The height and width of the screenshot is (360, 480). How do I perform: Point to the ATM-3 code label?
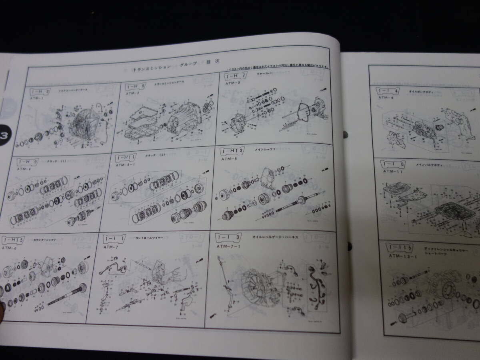[x=232, y=83]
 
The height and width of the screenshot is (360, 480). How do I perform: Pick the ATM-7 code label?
[x=110, y=247]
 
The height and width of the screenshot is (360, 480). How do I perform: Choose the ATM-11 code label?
[x=391, y=171]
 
